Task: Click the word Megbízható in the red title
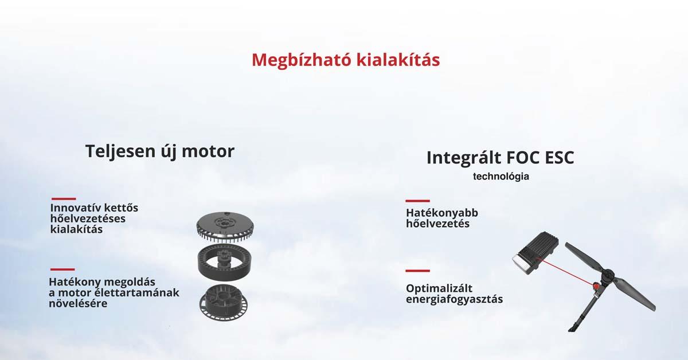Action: [x=301, y=60]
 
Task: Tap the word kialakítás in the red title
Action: [x=398, y=60]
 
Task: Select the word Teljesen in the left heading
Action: [x=120, y=152]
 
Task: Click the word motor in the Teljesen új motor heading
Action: [x=208, y=152]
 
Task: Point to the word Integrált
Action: [x=464, y=158]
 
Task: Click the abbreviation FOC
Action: [x=523, y=158]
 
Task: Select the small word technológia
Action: [x=501, y=177]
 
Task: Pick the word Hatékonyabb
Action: [x=442, y=213]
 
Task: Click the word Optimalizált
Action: [x=439, y=288]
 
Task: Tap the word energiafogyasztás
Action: [x=454, y=299]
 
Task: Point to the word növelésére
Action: [x=78, y=303]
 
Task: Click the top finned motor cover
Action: [x=225, y=226]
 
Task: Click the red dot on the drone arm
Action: [x=596, y=286]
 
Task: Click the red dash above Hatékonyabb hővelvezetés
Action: [x=417, y=201]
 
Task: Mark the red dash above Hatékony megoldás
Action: [x=62, y=269]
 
